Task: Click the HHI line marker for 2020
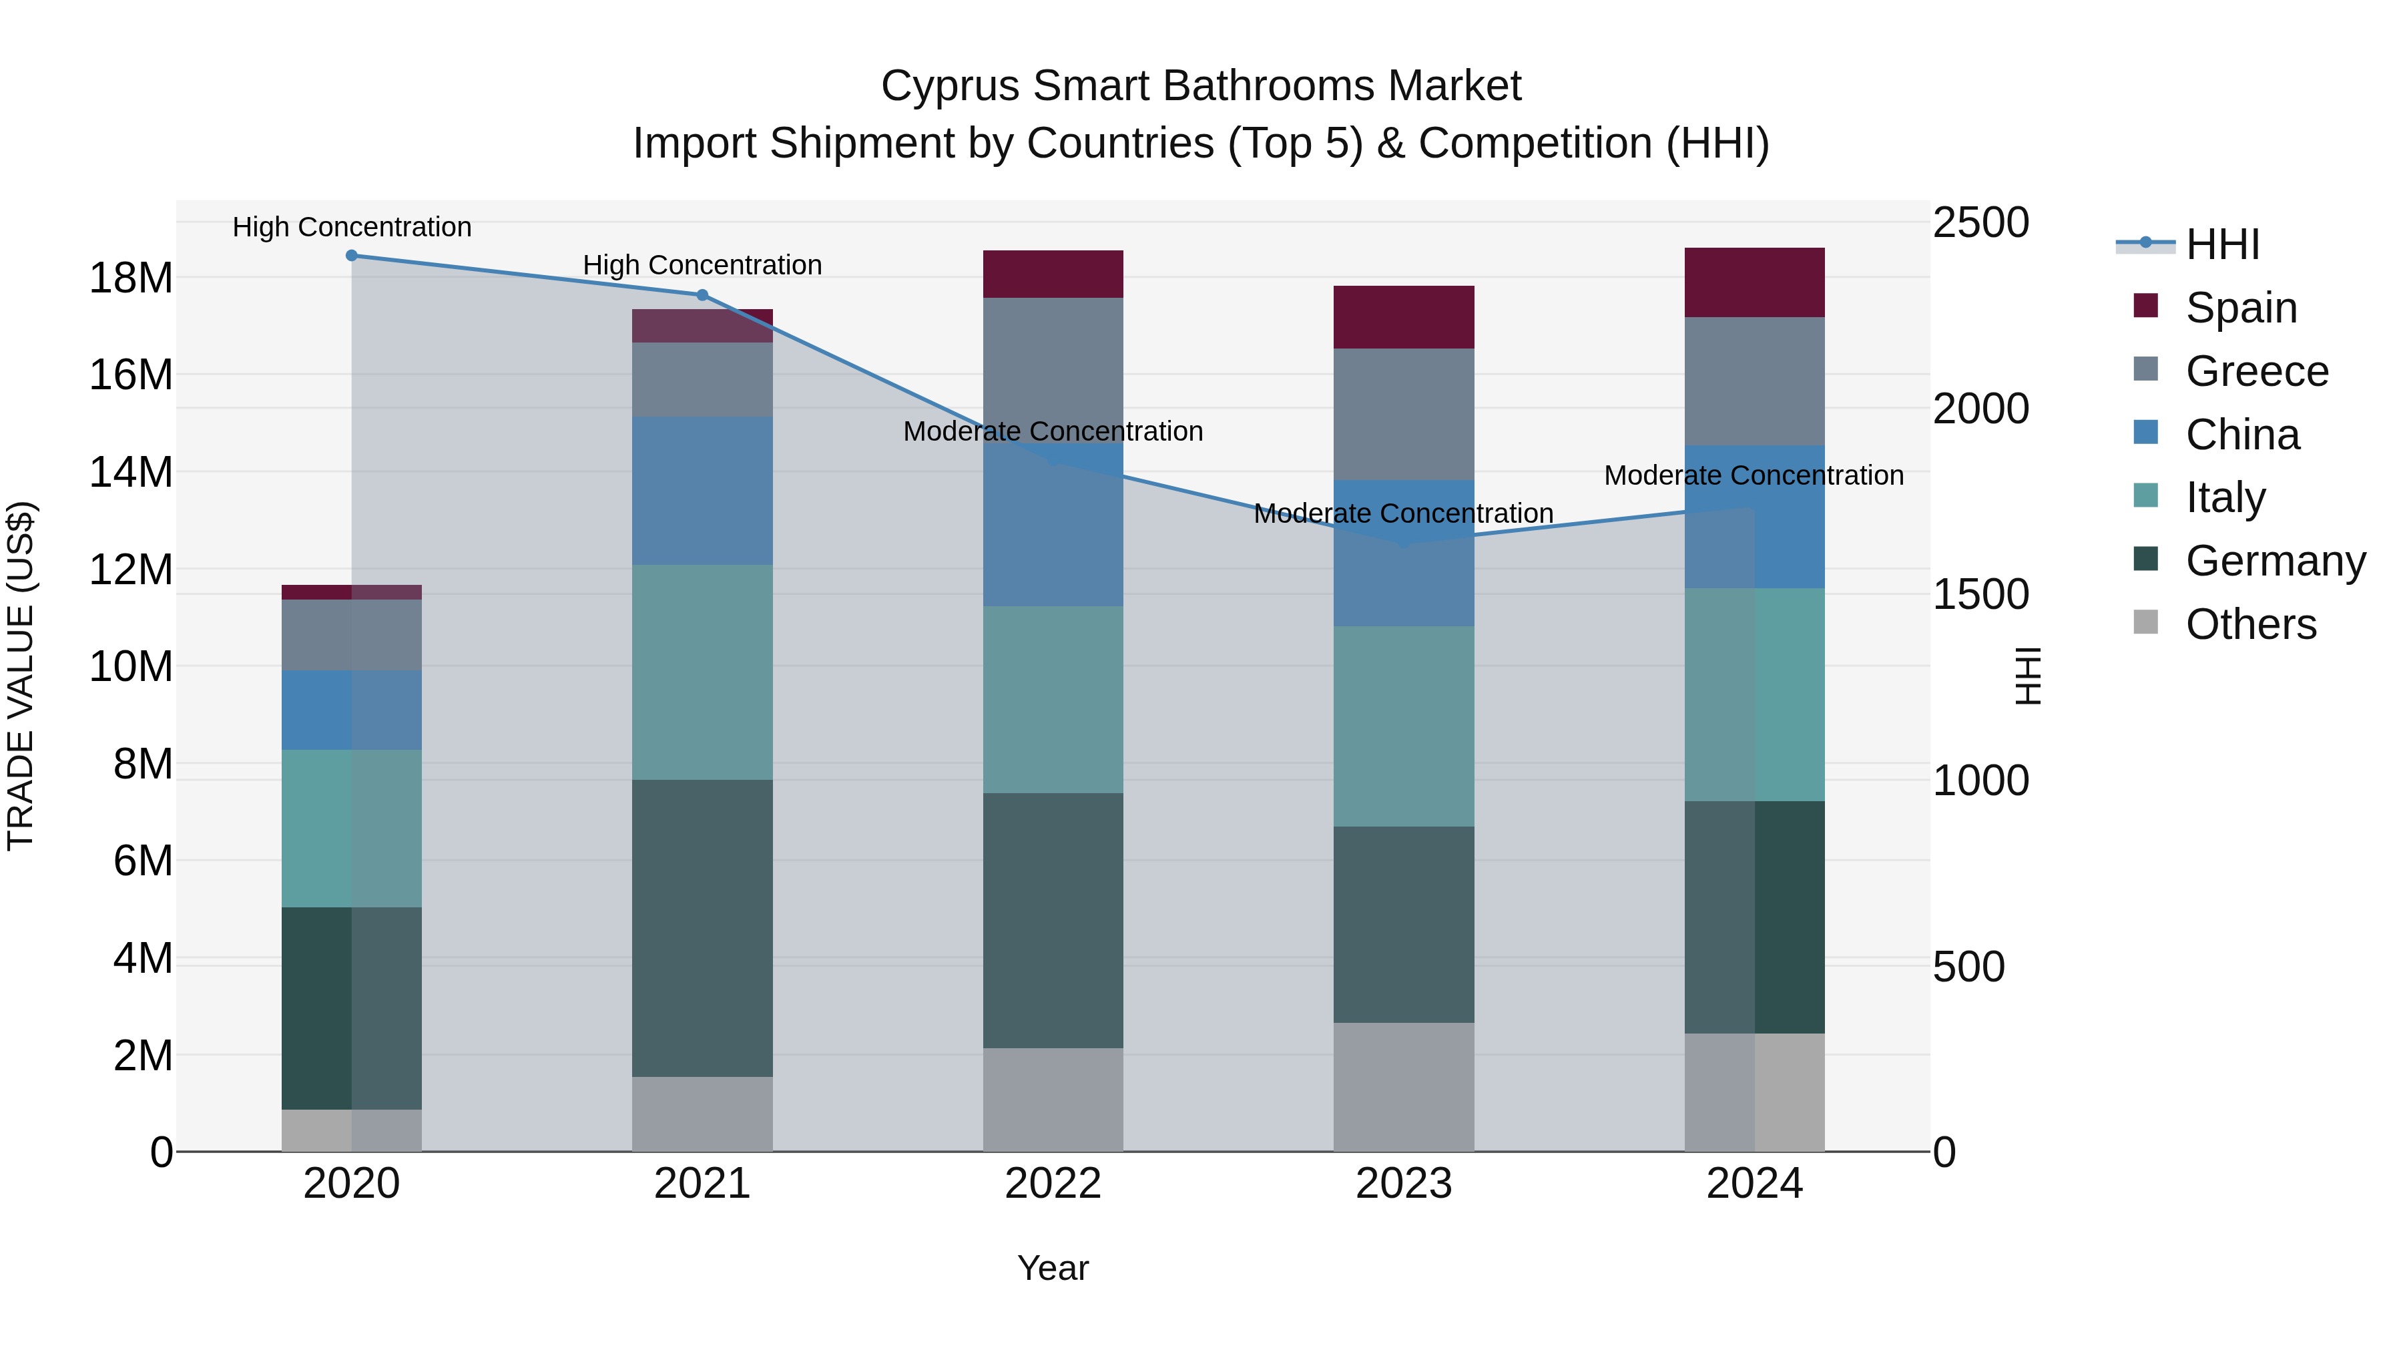[352, 256]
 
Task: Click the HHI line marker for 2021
[702, 295]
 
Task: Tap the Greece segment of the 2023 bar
[1404, 414]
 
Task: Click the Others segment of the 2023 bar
[1404, 1086]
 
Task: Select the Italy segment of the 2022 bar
[1053, 700]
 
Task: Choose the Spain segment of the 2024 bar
[1755, 282]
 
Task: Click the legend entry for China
[2241, 435]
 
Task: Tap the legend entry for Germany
[2274, 561]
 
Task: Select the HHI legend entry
[2221, 244]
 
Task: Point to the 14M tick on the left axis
[131, 472]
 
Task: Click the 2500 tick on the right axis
[1980, 223]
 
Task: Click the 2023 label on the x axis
[1404, 1184]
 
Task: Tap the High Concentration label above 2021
[702, 265]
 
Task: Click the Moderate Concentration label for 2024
[1754, 476]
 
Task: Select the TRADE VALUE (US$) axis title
[21, 676]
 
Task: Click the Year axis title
[1053, 1268]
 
